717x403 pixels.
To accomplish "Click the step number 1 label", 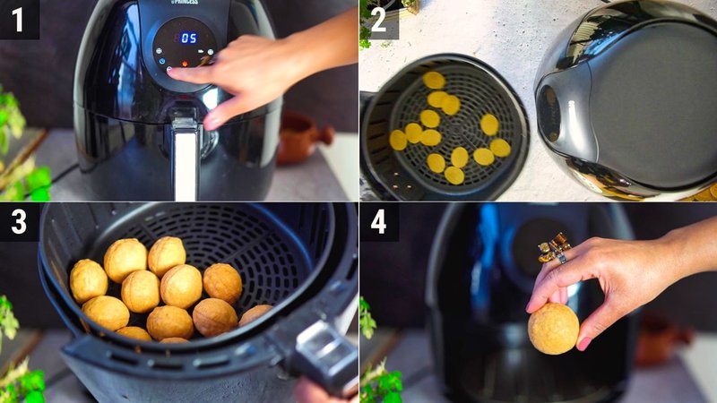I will (19, 19).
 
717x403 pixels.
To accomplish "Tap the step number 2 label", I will (378, 19).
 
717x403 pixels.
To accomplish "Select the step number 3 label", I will (19, 222).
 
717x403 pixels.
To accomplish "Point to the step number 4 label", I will (378, 222).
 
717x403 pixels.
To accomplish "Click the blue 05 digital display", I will (188, 38).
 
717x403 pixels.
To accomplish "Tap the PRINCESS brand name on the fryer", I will (185, 3).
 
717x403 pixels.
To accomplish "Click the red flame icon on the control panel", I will (186, 64).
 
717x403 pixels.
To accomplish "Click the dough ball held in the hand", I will (552, 328).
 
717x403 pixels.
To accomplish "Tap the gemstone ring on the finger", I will (554, 248).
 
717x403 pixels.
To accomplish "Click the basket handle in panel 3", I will (323, 354).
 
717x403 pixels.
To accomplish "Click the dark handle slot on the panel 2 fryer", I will (549, 113).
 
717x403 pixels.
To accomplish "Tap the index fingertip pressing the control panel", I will (174, 71).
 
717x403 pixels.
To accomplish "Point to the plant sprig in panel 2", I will (367, 27).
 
